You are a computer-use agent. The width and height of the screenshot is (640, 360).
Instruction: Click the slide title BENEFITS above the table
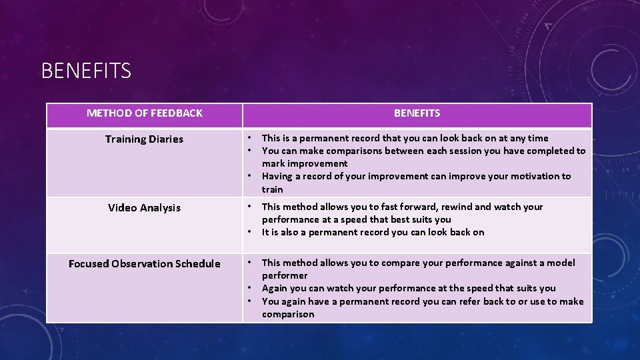[86, 70]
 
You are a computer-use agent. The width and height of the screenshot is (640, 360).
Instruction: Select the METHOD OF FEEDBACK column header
[145, 113]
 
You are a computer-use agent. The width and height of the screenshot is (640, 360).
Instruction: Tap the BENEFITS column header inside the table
[417, 113]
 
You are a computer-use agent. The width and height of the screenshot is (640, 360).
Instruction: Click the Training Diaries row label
[144, 139]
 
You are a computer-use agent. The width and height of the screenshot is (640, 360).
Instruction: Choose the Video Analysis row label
[144, 208]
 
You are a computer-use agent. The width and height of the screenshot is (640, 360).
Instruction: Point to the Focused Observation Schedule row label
[144, 264]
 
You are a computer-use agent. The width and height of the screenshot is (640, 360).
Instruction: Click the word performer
[285, 275]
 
